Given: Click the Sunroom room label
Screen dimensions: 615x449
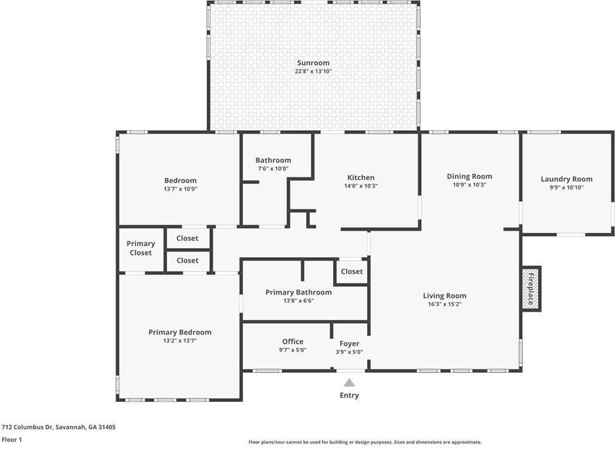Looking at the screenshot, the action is coord(313,63).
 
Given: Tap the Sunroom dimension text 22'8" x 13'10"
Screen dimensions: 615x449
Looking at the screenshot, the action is coord(313,71).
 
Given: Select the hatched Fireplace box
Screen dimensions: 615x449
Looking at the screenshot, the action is coord(531,289).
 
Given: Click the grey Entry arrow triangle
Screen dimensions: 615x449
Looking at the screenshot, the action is coord(349,382).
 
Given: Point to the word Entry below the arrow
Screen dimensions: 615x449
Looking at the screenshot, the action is coord(349,395).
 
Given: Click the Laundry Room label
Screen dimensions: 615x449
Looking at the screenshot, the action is coord(567,179).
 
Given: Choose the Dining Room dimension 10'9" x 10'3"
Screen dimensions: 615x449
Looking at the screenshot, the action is coord(469,185).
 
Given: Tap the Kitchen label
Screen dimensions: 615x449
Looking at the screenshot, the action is coord(361,177).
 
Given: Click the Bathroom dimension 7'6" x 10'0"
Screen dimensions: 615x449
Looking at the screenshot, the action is coord(273,169).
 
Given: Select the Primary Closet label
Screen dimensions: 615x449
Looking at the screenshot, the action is coord(141,248).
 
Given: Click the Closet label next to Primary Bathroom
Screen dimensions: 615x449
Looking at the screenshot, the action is coord(351,271).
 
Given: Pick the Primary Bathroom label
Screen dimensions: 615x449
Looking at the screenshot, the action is coord(298,292).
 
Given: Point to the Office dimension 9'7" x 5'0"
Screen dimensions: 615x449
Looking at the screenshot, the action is coord(292,350).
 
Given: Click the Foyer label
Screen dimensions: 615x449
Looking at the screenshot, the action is coord(349,344).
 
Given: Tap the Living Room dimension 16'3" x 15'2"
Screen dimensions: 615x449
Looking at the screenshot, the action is coord(445,304).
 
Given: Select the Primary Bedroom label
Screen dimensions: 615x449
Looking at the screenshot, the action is coord(179,333).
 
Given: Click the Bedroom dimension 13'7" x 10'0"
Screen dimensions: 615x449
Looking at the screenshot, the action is coord(180,189).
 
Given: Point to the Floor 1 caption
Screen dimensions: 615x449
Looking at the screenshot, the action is coord(12,439).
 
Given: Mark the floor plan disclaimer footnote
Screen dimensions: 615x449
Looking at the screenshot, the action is coord(365,442).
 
